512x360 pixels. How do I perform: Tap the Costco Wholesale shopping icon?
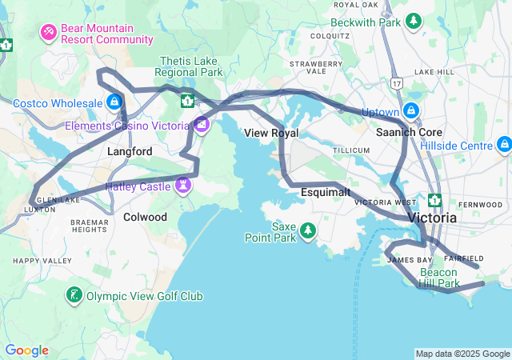click(115, 102)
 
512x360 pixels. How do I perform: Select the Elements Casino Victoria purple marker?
click(201, 125)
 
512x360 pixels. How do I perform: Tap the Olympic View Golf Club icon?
click(74, 296)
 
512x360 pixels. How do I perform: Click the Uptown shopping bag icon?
click(411, 111)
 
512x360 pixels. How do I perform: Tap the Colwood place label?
click(145, 217)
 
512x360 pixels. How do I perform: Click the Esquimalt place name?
click(326, 193)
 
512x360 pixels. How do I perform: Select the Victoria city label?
click(432, 218)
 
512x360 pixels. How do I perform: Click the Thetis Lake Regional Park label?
click(191, 66)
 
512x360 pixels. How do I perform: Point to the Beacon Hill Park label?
click(439, 278)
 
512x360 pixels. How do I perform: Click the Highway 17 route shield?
click(396, 82)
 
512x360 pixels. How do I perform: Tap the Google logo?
click(26, 350)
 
